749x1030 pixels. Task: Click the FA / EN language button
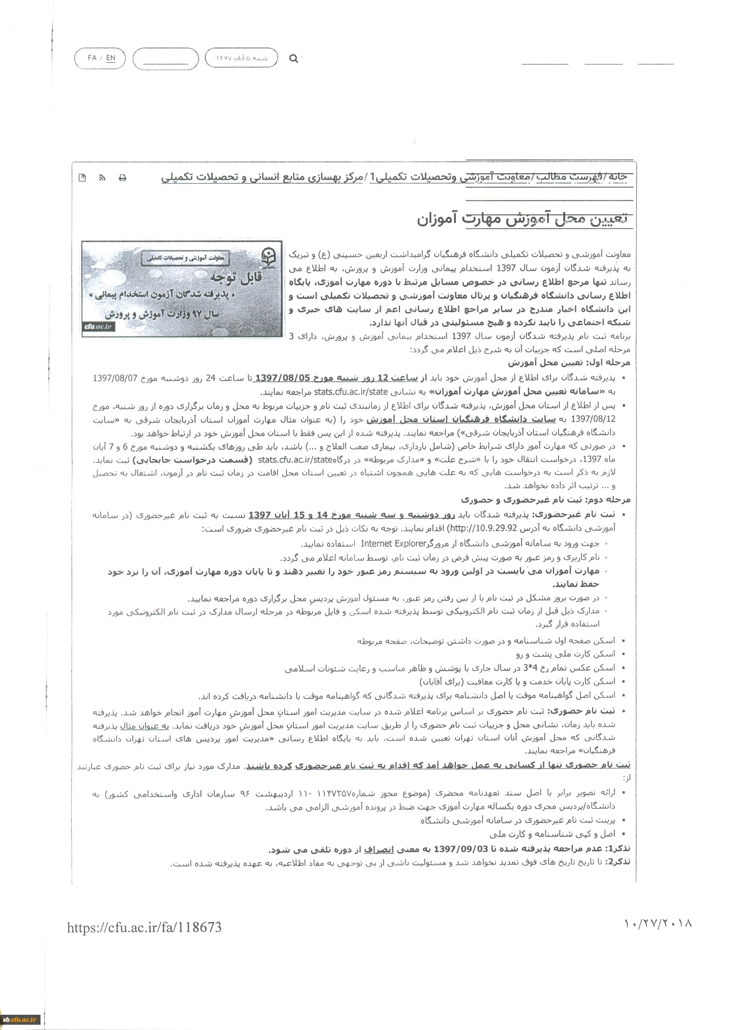[102, 58]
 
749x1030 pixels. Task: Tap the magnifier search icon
[293, 58]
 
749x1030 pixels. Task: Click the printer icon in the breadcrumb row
[123, 178]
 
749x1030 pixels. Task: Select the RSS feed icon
[102, 178]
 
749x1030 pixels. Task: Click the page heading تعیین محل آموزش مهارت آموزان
[523, 219]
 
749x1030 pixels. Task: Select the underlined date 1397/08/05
[286, 379]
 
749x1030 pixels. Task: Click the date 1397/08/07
[114, 379]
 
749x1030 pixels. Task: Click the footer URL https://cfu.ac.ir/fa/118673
[144, 927]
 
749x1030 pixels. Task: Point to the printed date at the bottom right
[658, 923]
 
